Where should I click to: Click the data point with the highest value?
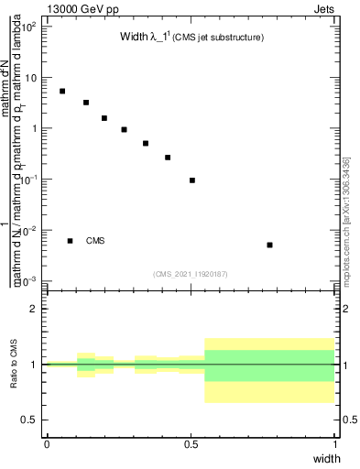click(62, 91)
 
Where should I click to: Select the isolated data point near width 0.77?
click(269, 245)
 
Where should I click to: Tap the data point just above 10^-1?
click(192, 180)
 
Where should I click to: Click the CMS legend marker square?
click(71, 241)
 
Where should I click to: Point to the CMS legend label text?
click(95, 241)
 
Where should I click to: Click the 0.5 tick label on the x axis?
click(191, 443)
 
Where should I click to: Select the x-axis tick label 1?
click(335, 443)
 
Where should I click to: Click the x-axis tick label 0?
click(47, 443)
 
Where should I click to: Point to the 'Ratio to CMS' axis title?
click(14, 365)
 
